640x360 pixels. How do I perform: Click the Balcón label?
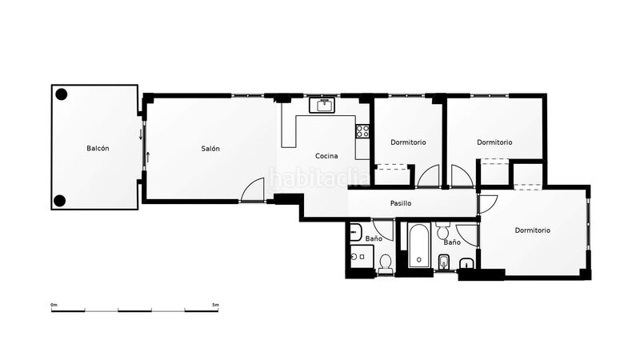tap(98, 148)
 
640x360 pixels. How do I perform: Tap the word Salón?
tap(210, 148)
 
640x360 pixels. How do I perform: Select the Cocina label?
tap(326, 156)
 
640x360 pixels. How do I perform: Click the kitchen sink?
tap(325, 106)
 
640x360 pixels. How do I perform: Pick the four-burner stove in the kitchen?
tap(362, 130)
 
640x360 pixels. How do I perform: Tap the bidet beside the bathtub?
tap(444, 261)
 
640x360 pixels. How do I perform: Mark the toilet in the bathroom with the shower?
tap(386, 262)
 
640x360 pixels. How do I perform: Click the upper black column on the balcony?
tap(61, 94)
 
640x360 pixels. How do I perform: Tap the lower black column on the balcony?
tap(61, 200)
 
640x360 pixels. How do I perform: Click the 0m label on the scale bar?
tap(54, 305)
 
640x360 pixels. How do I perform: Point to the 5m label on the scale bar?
tap(215, 305)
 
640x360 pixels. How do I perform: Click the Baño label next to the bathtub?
tap(452, 242)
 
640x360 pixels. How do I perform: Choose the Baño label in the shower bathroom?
tap(374, 238)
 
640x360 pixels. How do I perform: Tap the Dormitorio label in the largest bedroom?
tap(532, 230)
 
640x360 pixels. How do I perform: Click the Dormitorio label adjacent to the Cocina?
tap(408, 142)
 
